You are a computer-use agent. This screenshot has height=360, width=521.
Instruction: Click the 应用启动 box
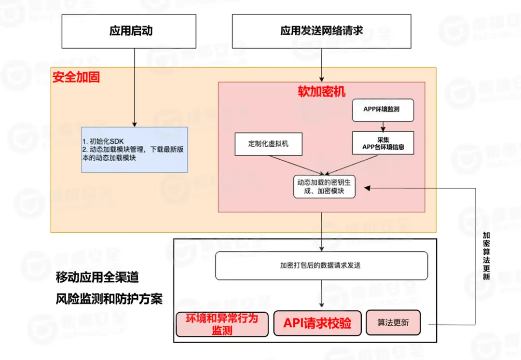(x=131, y=31)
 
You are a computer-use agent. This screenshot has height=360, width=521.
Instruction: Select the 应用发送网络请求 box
(x=321, y=31)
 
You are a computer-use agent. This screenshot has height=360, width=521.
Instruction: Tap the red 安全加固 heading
(x=76, y=77)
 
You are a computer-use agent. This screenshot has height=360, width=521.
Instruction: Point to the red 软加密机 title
(x=321, y=92)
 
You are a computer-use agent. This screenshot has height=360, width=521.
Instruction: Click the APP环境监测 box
(x=383, y=110)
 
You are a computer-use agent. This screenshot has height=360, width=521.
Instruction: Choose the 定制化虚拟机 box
(x=269, y=144)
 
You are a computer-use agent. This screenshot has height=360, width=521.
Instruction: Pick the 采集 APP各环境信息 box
(x=383, y=143)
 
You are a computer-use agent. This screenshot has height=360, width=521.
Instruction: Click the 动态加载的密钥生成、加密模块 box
(x=325, y=187)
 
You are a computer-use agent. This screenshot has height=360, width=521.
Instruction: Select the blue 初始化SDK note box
(x=134, y=150)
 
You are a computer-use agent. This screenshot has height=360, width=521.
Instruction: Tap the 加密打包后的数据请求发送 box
(x=321, y=265)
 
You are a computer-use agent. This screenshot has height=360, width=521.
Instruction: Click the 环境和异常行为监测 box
(x=222, y=324)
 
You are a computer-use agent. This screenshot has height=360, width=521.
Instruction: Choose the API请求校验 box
(x=317, y=323)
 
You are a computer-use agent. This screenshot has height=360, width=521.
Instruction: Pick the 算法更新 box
(x=393, y=323)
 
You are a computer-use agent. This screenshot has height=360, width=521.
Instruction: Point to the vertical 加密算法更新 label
(x=486, y=256)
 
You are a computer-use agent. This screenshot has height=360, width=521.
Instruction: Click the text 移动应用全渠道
(x=97, y=277)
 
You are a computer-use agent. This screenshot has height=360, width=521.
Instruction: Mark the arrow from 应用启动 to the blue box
(x=134, y=87)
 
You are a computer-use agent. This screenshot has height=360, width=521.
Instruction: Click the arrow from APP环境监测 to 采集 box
(x=383, y=126)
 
